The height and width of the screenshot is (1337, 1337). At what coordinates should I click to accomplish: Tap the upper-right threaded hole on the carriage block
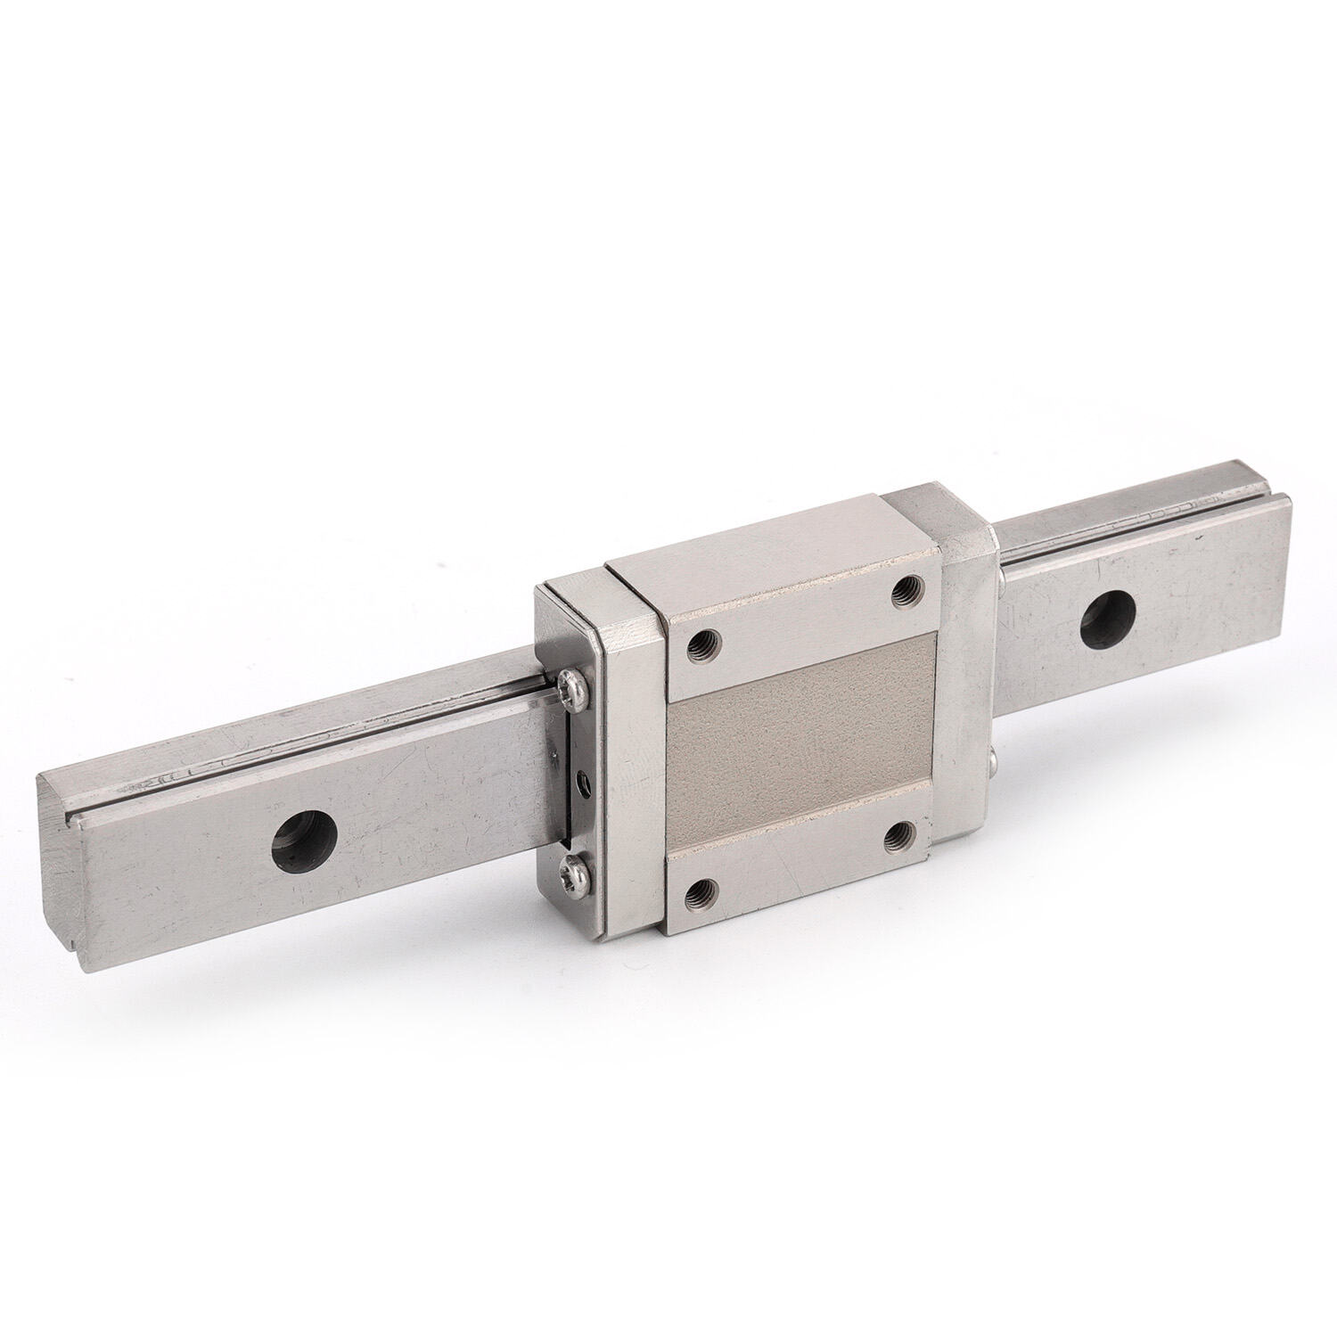point(908,587)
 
